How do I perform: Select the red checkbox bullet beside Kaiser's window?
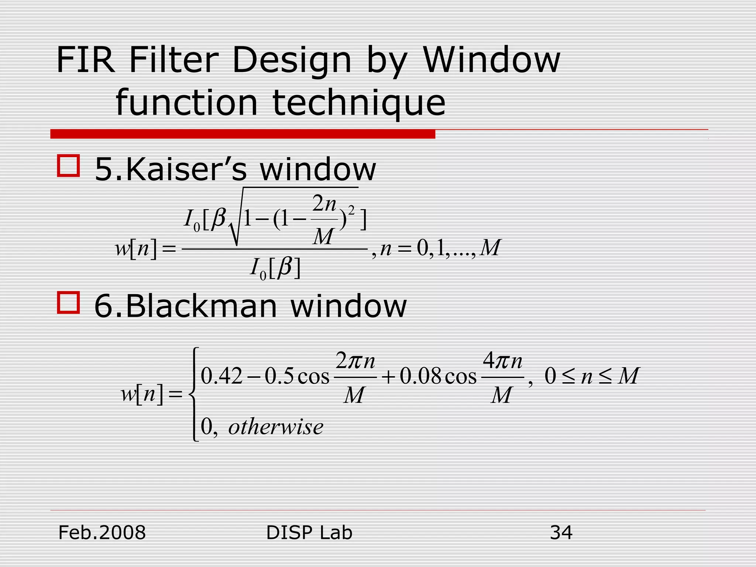[68, 166]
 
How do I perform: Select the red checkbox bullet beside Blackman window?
[68, 303]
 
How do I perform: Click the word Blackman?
[201, 306]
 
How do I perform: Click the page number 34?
[561, 533]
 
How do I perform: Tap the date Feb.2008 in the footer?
[102, 533]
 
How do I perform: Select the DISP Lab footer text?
[309, 533]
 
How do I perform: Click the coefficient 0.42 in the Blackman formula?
[221, 377]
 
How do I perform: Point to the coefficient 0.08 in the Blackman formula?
[421, 377]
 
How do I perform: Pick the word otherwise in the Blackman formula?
[276, 427]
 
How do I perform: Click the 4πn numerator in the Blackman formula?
[503, 361]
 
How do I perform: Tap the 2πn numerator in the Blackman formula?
[355, 361]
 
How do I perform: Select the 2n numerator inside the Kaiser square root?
[324, 203]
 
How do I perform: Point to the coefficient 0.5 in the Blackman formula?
[279, 377]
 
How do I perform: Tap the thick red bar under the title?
[243, 134]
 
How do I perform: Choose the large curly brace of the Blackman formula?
[193, 394]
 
